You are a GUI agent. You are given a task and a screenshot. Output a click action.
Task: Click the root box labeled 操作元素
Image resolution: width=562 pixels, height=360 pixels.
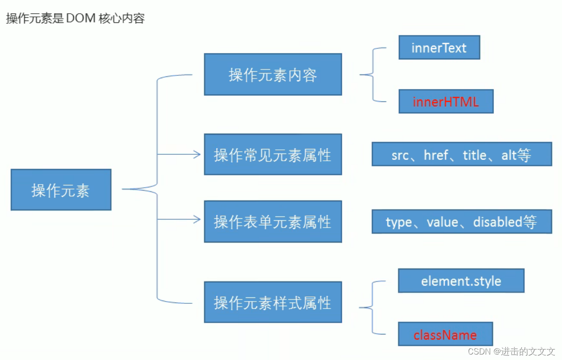tap(61, 190)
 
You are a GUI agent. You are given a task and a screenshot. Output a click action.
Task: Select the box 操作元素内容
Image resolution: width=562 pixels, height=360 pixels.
tap(273, 74)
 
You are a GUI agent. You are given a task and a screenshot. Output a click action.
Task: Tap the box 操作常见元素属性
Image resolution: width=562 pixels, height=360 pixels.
tap(273, 155)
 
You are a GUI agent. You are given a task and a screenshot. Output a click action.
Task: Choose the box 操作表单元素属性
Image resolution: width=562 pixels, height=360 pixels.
tap(273, 222)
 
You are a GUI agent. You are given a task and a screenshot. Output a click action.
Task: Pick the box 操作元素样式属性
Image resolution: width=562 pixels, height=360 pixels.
tap(273, 302)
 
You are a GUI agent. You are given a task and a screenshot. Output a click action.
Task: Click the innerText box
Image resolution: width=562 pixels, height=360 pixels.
tap(439, 48)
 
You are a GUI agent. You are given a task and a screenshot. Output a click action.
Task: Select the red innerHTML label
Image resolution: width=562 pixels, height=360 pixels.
tap(445, 101)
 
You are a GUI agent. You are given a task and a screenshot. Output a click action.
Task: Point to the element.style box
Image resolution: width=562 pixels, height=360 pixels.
tap(461, 281)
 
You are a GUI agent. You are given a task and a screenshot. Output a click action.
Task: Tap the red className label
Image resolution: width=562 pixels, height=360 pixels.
tap(445, 335)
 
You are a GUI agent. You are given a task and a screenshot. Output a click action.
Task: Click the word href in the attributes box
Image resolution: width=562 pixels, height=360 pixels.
tap(436, 155)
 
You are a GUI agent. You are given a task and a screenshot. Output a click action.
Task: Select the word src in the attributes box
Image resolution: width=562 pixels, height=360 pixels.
tap(400, 155)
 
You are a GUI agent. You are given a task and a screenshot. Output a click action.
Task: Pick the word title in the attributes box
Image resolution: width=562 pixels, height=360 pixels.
tap(475, 155)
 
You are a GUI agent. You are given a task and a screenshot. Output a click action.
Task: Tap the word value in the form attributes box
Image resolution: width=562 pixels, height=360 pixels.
tap(442, 222)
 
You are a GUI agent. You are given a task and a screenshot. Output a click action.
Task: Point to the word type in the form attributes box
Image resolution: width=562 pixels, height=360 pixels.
tap(398, 222)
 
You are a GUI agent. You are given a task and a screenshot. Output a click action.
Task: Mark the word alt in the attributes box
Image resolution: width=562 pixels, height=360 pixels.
tap(509, 155)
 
